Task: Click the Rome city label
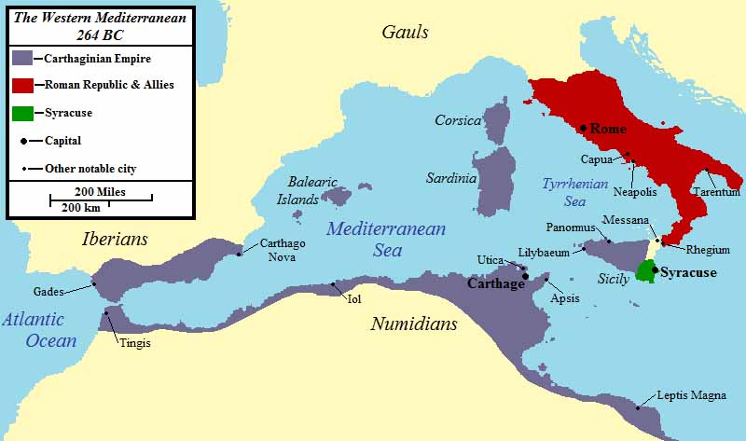(608, 129)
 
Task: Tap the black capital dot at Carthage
(526, 276)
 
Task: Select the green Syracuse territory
(643, 271)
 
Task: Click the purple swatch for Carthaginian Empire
(21, 58)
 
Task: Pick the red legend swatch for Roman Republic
(21, 85)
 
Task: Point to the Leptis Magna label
(691, 395)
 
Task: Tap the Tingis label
(133, 343)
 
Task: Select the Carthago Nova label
(283, 250)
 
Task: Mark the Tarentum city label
(715, 192)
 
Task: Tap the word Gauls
(405, 33)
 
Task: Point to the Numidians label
(414, 324)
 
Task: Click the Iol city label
(353, 299)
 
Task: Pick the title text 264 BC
(99, 34)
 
